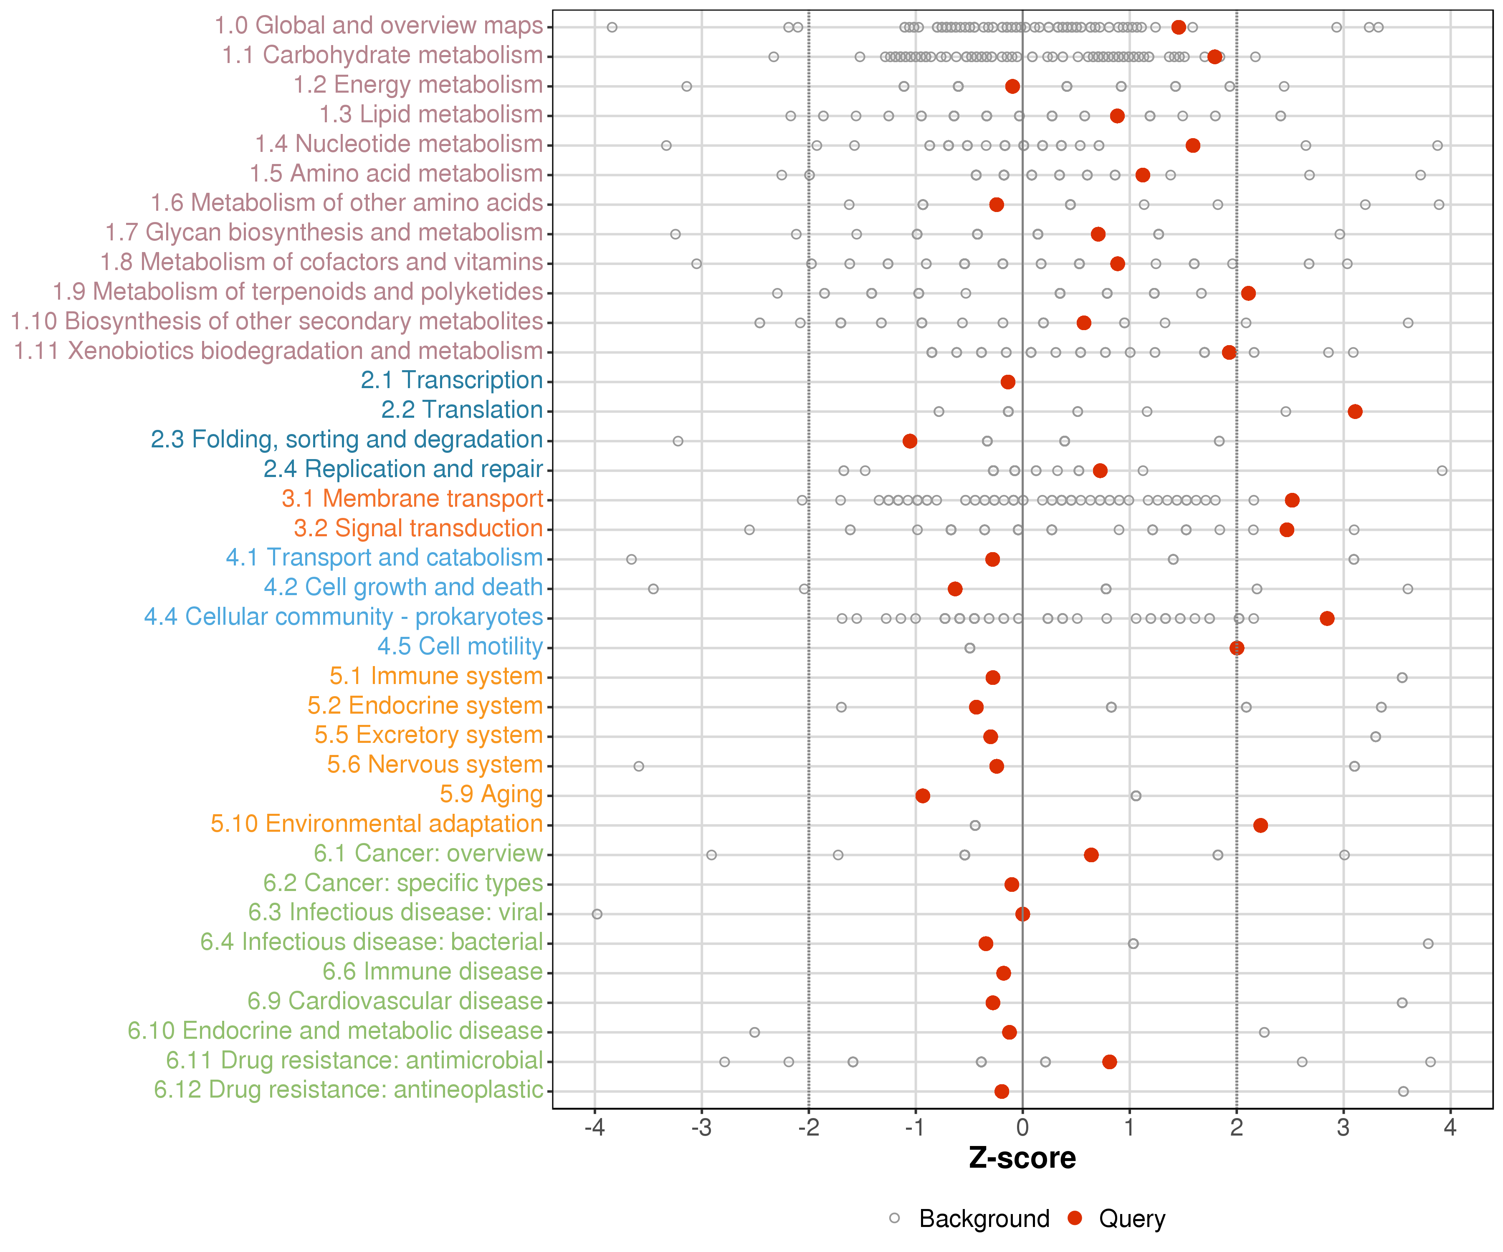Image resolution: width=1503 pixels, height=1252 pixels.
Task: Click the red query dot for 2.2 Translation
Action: pyautogui.click(x=1355, y=411)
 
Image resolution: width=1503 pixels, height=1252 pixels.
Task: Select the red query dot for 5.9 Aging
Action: pyautogui.click(x=923, y=795)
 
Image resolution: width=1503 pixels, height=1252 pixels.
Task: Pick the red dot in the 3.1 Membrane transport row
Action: pyautogui.click(x=1292, y=500)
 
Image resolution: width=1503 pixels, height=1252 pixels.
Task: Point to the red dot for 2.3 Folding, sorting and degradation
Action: pyautogui.click(x=910, y=441)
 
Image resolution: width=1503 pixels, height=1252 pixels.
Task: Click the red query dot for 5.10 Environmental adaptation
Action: pyautogui.click(x=1260, y=825)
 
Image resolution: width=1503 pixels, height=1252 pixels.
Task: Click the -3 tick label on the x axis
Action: pyautogui.click(x=701, y=1128)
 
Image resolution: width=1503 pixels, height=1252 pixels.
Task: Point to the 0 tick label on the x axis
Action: pyautogui.click(x=1023, y=1128)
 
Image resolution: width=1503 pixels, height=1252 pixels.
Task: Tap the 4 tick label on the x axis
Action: pyautogui.click(x=1450, y=1128)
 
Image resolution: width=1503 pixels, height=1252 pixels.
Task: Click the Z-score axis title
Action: pyautogui.click(x=1022, y=1158)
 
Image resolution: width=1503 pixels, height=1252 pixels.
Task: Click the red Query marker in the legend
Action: pyautogui.click(x=1074, y=1218)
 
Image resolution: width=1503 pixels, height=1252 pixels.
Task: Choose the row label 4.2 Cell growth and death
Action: pyautogui.click(x=404, y=587)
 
